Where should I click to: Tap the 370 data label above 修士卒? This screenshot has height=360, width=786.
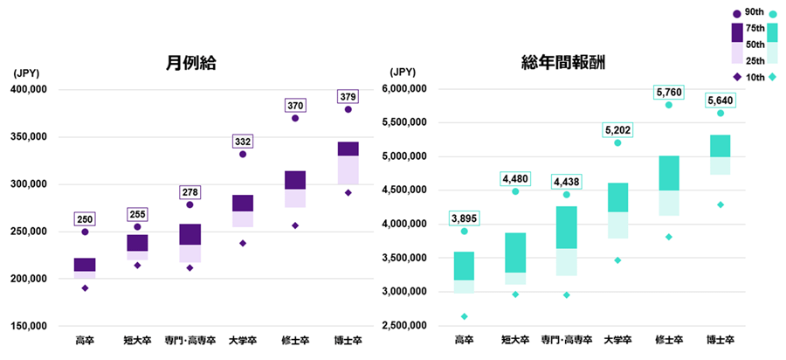point(295,106)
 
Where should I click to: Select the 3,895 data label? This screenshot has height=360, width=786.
point(464,218)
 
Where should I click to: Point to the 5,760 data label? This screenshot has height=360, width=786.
point(668,92)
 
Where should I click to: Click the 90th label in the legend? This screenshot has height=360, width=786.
point(754,11)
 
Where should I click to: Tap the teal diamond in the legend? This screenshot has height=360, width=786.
point(774,77)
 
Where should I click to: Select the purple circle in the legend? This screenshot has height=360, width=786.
point(737,12)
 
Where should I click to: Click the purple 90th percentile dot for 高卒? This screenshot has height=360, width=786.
point(85,232)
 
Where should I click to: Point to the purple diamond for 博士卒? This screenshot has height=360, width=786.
point(348,192)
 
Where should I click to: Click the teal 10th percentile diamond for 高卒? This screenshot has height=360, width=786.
point(464,316)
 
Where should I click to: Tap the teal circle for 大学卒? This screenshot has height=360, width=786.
point(617,142)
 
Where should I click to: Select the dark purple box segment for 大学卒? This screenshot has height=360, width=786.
point(242,203)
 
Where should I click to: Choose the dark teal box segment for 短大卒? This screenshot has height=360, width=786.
point(515,253)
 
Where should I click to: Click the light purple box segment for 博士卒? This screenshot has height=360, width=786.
point(348,170)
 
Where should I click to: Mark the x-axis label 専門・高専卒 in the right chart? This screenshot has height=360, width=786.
point(566,339)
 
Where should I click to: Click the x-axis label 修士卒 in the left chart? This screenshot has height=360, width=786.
point(295,339)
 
